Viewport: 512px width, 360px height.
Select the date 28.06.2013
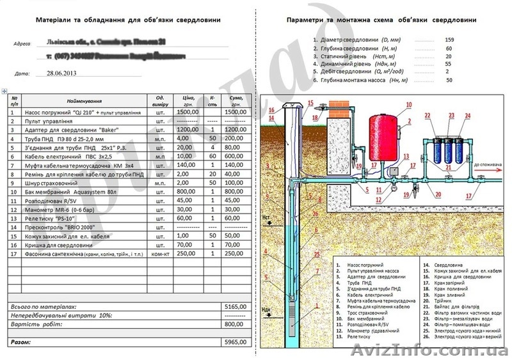click(x=61, y=74)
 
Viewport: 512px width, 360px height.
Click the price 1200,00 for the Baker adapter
click(x=188, y=129)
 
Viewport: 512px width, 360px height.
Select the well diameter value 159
click(x=449, y=40)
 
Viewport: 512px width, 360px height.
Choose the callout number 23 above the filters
click(x=451, y=116)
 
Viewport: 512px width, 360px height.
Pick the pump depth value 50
click(x=449, y=81)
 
